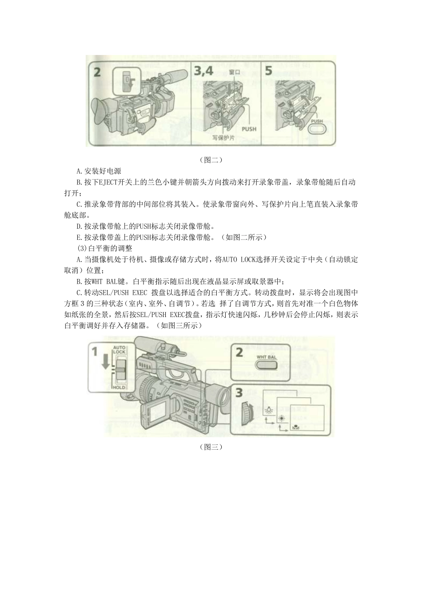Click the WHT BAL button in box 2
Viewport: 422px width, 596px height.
click(267, 365)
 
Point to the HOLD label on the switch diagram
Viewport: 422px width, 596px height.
click(119, 387)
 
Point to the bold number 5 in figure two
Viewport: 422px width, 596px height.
click(269, 71)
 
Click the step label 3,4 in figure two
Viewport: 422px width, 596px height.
click(204, 71)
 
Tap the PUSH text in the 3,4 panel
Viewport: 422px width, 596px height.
click(249, 129)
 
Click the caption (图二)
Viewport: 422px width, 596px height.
click(211, 160)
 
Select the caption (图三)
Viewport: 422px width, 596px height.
click(211, 447)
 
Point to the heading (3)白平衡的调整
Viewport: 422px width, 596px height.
click(105, 248)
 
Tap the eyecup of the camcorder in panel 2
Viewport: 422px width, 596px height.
click(100, 110)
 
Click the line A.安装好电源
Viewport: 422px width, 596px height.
click(99, 171)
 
